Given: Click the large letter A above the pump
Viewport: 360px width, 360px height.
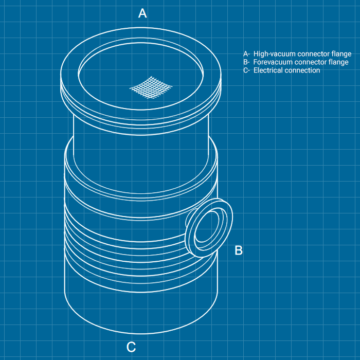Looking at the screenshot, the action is click(x=142, y=13).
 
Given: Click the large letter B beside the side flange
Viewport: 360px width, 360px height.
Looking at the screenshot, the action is click(x=239, y=250).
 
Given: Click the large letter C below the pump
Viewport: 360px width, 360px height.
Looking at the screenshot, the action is click(x=131, y=347).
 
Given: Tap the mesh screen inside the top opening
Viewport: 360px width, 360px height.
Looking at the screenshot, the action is click(x=151, y=87).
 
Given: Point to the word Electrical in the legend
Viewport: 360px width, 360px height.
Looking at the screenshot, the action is click(x=268, y=70).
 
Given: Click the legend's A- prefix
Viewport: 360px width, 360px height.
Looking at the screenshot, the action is click(x=246, y=54).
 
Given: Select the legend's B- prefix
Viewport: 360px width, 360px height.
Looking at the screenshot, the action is click(x=246, y=62).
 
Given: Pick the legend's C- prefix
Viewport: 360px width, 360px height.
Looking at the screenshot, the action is click(x=246, y=70).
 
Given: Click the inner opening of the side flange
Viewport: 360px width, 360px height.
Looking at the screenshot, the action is click(x=206, y=227).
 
